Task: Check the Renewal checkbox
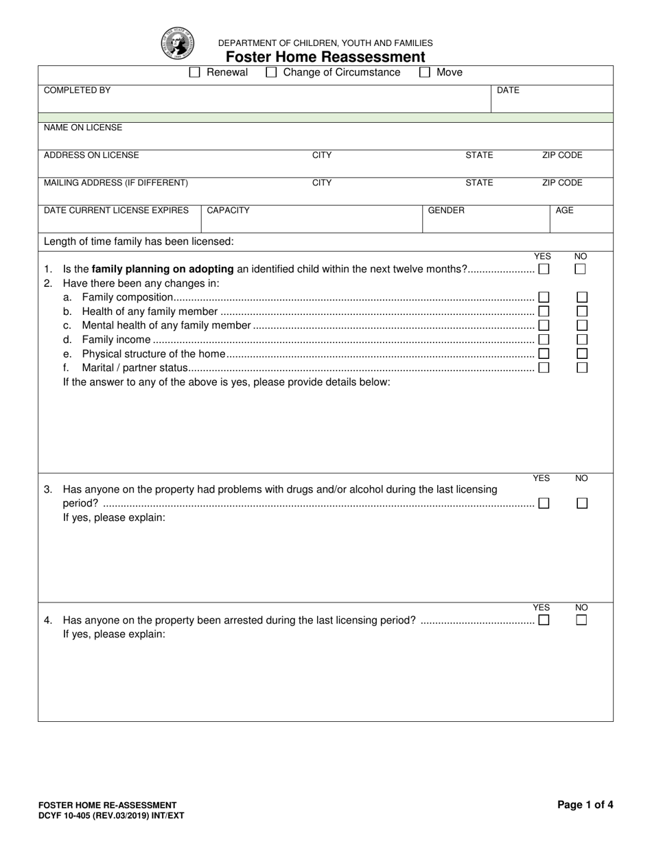(194, 72)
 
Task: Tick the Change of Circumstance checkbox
(271, 72)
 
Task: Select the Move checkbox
(425, 72)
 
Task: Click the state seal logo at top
(178, 43)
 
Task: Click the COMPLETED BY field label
(77, 91)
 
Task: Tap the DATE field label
(508, 91)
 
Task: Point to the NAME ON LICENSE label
(83, 128)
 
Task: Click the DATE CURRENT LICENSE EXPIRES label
(116, 211)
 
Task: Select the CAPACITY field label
(228, 211)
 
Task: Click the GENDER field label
(446, 211)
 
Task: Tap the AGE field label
(564, 211)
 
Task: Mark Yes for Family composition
(544, 297)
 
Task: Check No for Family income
(582, 339)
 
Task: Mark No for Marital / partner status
(582, 367)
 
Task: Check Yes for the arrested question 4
(544, 620)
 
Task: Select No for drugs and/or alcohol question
(582, 503)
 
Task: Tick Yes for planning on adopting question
(544, 269)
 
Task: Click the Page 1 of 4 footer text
(585, 806)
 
